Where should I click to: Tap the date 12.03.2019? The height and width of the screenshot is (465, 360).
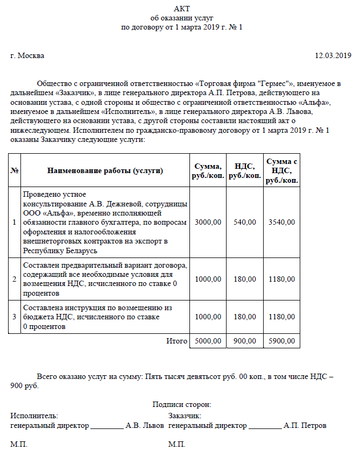coord(333,55)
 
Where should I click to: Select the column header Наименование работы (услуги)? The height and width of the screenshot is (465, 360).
coord(105,171)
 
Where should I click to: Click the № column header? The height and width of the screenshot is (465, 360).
coord(15,171)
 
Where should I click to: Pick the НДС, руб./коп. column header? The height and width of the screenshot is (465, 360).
coord(245,171)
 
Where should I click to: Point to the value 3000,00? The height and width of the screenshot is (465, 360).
coord(208,222)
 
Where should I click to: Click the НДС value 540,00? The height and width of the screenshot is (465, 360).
coord(245,222)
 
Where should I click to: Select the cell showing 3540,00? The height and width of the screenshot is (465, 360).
coord(281,222)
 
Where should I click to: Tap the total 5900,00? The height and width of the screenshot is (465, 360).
coord(281,341)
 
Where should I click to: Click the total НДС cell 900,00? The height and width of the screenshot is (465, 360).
coord(245,341)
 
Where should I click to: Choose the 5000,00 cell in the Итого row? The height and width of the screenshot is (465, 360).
coord(208,341)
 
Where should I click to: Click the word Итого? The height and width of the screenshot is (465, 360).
coord(176,341)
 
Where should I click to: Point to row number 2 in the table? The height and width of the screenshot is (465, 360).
coord(15,279)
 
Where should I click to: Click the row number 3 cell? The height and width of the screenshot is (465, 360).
coord(15,317)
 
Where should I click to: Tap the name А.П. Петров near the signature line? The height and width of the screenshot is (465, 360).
coord(305,425)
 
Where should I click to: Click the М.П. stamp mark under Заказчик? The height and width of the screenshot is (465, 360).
coord(177,445)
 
